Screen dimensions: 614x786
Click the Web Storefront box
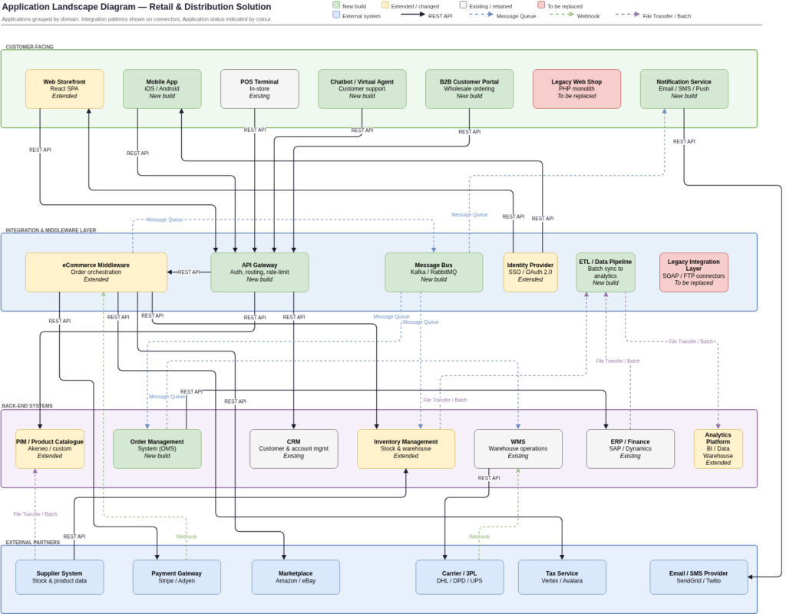(x=64, y=88)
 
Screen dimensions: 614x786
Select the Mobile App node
(x=162, y=88)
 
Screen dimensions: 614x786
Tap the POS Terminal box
(x=259, y=88)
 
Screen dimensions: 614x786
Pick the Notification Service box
(x=683, y=88)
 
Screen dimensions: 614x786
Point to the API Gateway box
(x=259, y=272)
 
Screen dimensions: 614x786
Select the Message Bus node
(x=434, y=272)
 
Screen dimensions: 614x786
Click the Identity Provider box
(x=530, y=272)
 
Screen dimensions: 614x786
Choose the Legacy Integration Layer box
(x=693, y=272)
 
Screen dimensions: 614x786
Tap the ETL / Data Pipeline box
(x=606, y=272)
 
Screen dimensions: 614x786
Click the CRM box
(x=294, y=448)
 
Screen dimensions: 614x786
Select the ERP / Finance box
(x=630, y=448)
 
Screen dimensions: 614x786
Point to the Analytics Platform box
(x=718, y=449)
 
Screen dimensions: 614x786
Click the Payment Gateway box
(x=177, y=576)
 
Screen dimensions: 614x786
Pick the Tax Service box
(x=562, y=576)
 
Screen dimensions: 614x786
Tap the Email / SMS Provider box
(x=698, y=576)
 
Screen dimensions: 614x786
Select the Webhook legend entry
(x=585, y=15)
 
